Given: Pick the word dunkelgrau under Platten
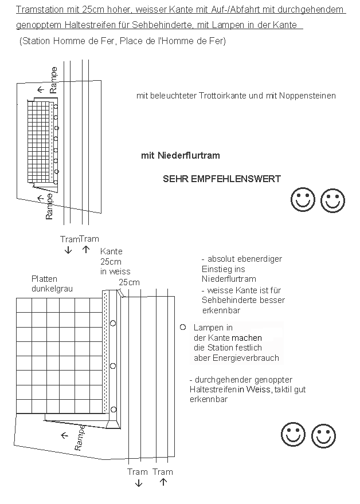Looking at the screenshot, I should point(52,289).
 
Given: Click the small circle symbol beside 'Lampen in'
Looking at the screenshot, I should point(182,327).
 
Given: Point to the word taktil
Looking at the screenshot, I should point(283,389).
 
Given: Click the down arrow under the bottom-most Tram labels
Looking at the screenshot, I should point(138,483).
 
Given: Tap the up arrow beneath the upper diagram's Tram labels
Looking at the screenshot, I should point(86,249).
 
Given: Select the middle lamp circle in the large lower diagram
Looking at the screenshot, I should point(113,365).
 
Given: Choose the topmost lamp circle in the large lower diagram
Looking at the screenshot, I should point(113,323).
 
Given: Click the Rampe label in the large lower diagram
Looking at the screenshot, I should point(81,438).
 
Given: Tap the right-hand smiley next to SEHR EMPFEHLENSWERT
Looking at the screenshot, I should point(332,200).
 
